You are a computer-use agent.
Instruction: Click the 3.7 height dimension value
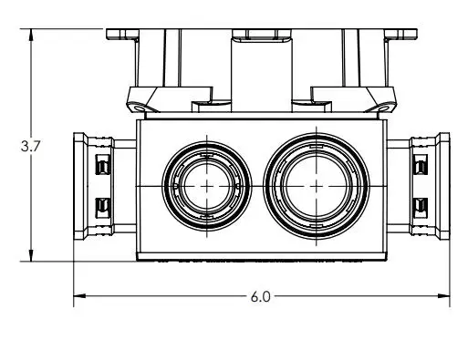pyautogui.click(x=30, y=146)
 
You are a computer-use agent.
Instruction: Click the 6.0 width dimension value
pyautogui.click(x=261, y=296)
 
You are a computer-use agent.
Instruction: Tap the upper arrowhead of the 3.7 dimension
pyautogui.click(x=31, y=35)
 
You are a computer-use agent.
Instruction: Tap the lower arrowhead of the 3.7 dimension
pyautogui.click(x=31, y=255)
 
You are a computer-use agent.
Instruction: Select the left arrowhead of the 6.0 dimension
pyautogui.click(x=79, y=295)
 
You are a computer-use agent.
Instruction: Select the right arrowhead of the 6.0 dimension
pyautogui.click(x=443, y=295)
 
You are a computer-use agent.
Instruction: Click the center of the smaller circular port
pyautogui.click(x=207, y=186)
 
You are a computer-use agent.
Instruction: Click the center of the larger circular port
pyautogui.click(x=317, y=186)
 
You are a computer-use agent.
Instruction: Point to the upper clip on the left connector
pyautogui.click(x=102, y=164)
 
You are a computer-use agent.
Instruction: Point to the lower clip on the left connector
pyautogui.click(x=102, y=208)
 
